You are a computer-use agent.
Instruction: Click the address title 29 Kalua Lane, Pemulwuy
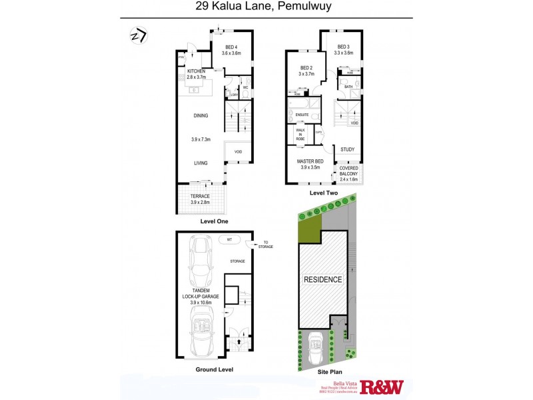(x=266, y=9)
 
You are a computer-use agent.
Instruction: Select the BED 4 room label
(x=231, y=49)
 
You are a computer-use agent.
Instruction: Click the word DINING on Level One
(x=201, y=115)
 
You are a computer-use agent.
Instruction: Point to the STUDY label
(x=347, y=150)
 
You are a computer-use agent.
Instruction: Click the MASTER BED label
(x=311, y=164)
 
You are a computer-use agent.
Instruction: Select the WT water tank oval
(x=229, y=239)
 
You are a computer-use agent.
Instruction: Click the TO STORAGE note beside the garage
(x=266, y=244)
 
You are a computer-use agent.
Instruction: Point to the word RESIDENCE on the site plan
(x=323, y=279)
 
